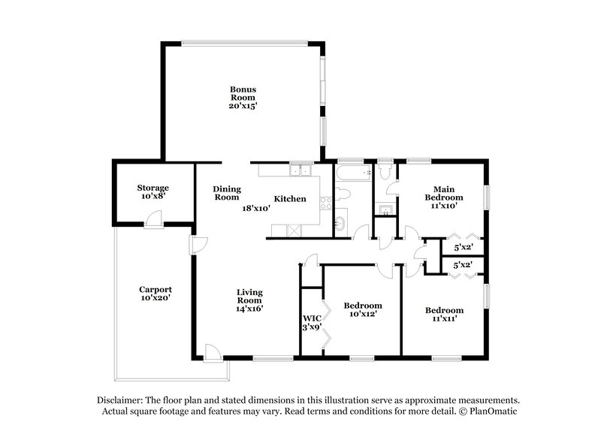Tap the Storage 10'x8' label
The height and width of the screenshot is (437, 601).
pyautogui.click(x=153, y=191)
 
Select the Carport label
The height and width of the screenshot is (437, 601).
pyautogui.click(x=156, y=293)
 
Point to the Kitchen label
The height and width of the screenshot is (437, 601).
pyautogui.click(x=289, y=199)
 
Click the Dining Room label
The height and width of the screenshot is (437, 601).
pyautogui.click(x=225, y=193)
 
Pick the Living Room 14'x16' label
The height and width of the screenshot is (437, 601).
pyautogui.click(x=249, y=300)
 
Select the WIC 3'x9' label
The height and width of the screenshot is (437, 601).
pyautogui.click(x=312, y=323)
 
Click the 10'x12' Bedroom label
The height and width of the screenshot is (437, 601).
pyautogui.click(x=363, y=309)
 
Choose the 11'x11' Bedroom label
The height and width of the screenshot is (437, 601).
pyautogui.click(x=444, y=314)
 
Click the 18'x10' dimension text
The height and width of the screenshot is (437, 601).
pyautogui.click(x=255, y=209)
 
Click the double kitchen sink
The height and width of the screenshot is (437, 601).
pyautogui.click(x=300, y=170)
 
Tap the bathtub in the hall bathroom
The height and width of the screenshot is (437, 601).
pyautogui.click(x=353, y=173)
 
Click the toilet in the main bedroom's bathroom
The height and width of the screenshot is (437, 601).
pyautogui.click(x=385, y=172)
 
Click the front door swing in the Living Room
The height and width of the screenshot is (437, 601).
pyautogui.click(x=212, y=351)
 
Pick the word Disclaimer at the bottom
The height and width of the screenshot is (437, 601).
pyautogui.click(x=122, y=400)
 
